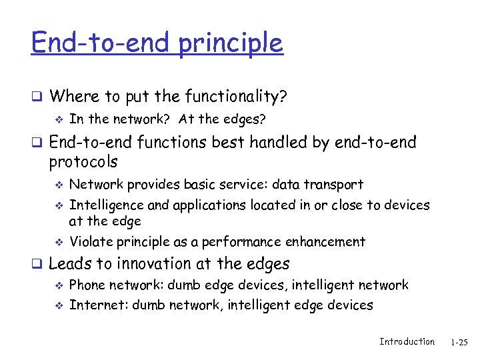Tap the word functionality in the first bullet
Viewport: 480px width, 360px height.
point(234,97)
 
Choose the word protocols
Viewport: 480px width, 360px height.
point(83,161)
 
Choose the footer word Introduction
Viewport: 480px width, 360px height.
point(407,341)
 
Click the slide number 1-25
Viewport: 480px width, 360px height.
point(459,343)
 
